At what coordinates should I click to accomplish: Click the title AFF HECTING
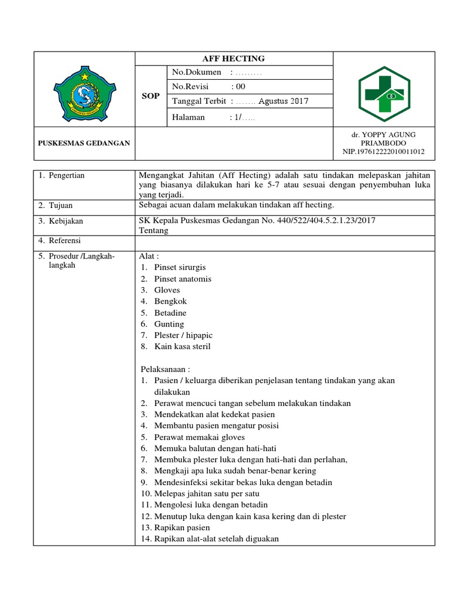click(x=233, y=58)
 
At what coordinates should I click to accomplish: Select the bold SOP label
click(x=151, y=96)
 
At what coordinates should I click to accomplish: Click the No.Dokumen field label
click(x=197, y=72)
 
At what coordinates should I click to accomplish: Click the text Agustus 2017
click(x=283, y=101)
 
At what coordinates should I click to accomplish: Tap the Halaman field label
click(x=189, y=117)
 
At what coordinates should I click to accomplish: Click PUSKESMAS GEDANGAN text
click(x=84, y=143)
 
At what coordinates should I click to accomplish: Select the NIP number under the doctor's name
click(x=384, y=152)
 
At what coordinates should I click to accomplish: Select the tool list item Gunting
click(x=169, y=324)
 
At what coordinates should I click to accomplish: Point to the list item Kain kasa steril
click(x=182, y=346)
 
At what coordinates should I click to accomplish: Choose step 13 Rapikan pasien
click(x=182, y=527)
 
